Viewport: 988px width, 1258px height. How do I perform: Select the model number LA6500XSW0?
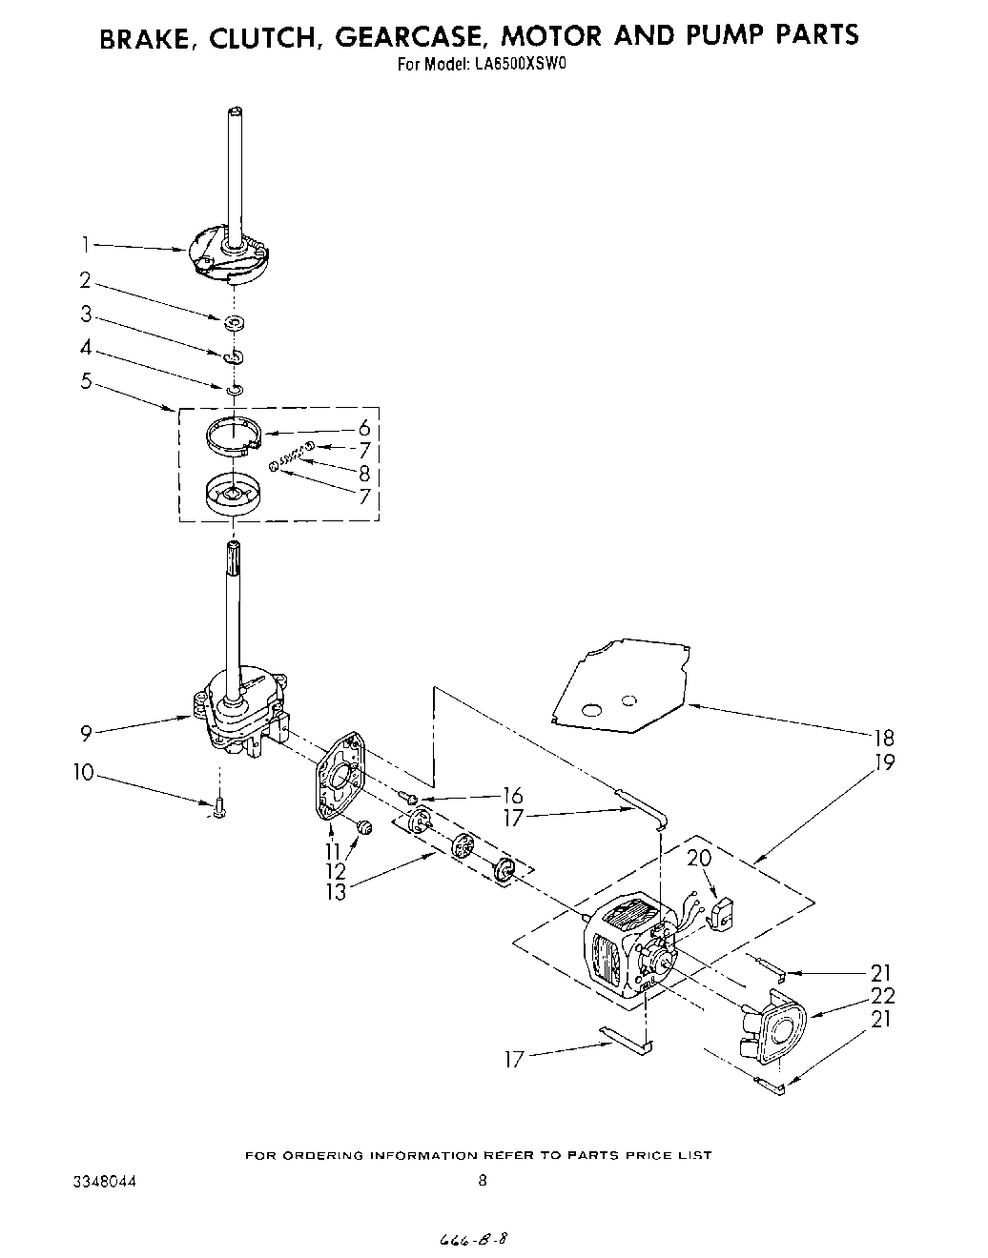(x=521, y=66)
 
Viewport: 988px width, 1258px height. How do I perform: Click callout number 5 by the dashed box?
(x=86, y=381)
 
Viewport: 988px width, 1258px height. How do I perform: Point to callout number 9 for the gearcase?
(x=86, y=733)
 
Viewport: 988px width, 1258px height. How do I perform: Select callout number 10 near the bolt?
(x=84, y=772)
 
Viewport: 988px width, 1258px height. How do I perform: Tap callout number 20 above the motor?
(x=699, y=858)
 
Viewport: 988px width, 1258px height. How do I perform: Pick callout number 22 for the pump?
(x=883, y=996)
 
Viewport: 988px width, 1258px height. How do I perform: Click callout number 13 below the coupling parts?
(x=335, y=893)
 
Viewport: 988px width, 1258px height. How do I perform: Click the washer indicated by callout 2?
(x=233, y=323)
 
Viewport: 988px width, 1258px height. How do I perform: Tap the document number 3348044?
(x=105, y=1181)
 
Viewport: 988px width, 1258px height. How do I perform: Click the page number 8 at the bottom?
(x=483, y=1180)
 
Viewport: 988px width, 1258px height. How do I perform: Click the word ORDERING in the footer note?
(x=319, y=1155)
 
